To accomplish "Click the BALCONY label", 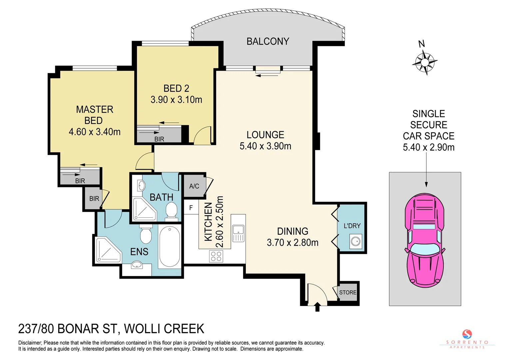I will pyautogui.click(x=267, y=41).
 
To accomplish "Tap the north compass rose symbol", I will pyautogui.click(x=425, y=62).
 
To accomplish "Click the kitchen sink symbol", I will pyautogui.click(x=238, y=230).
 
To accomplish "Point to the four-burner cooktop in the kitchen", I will pyautogui.click(x=216, y=256).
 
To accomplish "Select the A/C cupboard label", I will pyautogui.click(x=194, y=186).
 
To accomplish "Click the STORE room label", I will pyautogui.click(x=348, y=292).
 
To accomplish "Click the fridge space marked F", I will pyautogui.click(x=191, y=208).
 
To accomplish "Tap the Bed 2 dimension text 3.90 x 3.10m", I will pyautogui.click(x=176, y=100).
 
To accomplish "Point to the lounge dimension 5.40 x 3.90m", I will pyautogui.click(x=265, y=146).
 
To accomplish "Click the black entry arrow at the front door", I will pyautogui.click(x=317, y=306).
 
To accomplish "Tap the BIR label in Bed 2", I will pyautogui.click(x=159, y=139).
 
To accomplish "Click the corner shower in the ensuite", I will pyautogui.click(x=108, y=250).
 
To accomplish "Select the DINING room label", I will pyautogui.click(x=292, y=231).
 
